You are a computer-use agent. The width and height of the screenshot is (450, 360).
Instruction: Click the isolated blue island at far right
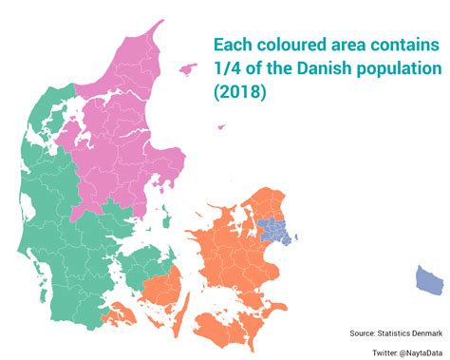click(x=429, y=279)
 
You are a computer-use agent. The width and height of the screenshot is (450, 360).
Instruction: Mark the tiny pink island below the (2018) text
click(x=221, y=126)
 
